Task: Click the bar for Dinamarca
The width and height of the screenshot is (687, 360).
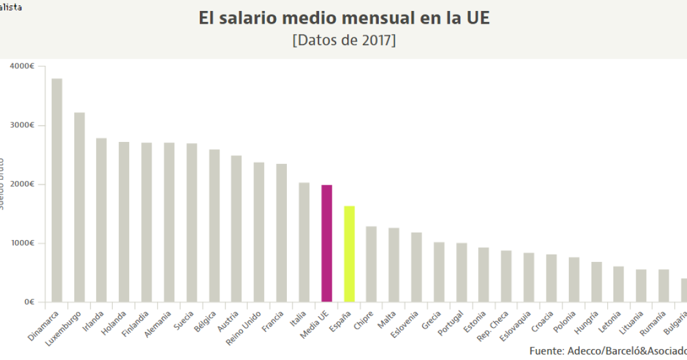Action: (57, 190)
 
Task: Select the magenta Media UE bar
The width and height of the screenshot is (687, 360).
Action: (326, 244)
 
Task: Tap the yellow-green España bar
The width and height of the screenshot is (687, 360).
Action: (349, 254)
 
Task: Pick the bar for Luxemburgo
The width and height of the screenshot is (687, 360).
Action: (79, 207)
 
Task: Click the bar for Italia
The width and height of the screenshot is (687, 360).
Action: (304, 242)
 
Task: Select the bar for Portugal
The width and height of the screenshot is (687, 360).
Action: (462, 272)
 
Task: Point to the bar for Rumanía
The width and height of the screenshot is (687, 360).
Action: (664, 286)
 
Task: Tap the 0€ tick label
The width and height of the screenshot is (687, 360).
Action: (29, 302)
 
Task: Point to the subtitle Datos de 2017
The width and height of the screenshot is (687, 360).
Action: (344, 41)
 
